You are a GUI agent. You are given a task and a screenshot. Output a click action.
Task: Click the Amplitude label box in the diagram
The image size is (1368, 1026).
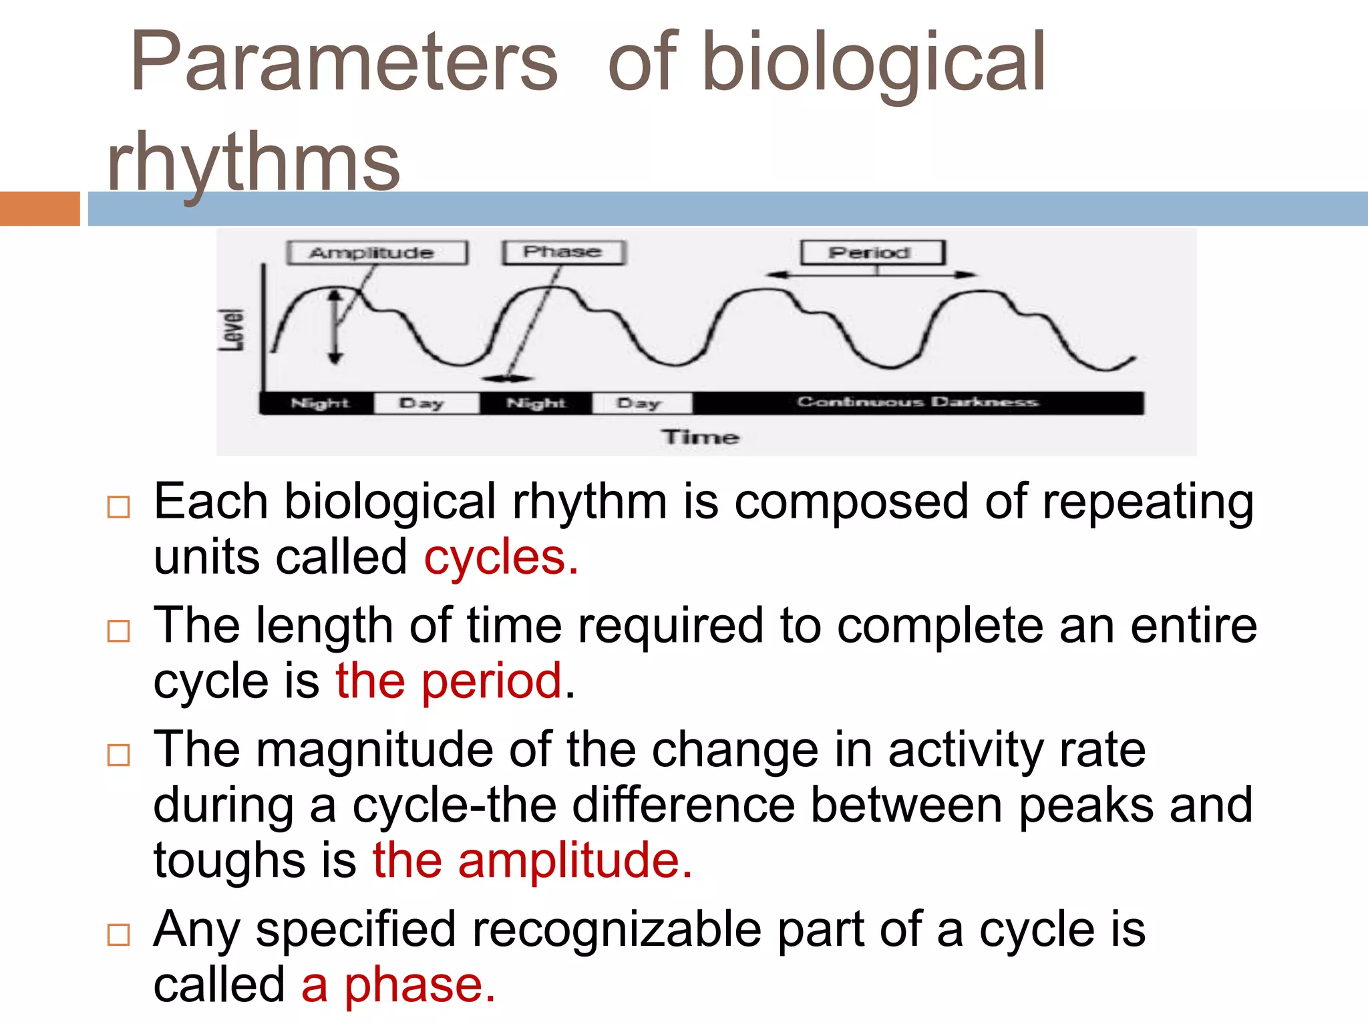point(377,253)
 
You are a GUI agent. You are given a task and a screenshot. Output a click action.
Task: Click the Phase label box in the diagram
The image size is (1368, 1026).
point(563,252)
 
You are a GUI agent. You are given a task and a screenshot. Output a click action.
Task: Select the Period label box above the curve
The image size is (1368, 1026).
point(872,252)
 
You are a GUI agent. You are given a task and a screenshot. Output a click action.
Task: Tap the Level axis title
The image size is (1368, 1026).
point(232,330)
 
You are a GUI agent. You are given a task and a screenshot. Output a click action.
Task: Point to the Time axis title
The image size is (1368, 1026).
point(700,437)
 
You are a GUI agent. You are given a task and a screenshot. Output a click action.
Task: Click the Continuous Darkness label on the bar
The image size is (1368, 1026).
point(917,402)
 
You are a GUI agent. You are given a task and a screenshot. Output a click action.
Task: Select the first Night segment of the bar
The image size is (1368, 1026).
point(319,403)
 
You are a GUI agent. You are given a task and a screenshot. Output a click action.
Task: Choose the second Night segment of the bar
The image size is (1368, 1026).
point(536,403)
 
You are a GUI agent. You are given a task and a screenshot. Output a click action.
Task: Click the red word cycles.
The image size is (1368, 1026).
point(500,558)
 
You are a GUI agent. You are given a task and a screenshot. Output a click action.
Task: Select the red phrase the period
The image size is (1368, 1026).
point(449,681)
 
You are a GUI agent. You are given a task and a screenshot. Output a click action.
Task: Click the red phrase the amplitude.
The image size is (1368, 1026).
point(532,860)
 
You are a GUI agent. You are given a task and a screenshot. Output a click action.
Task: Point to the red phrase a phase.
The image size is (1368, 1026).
point(398,985)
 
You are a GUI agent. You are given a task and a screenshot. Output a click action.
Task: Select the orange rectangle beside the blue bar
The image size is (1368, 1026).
point(39,208)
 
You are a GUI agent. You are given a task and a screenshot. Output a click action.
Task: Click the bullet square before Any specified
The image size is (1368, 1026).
point(118,934)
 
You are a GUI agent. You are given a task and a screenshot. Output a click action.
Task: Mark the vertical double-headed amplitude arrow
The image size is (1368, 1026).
point(335,327)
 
